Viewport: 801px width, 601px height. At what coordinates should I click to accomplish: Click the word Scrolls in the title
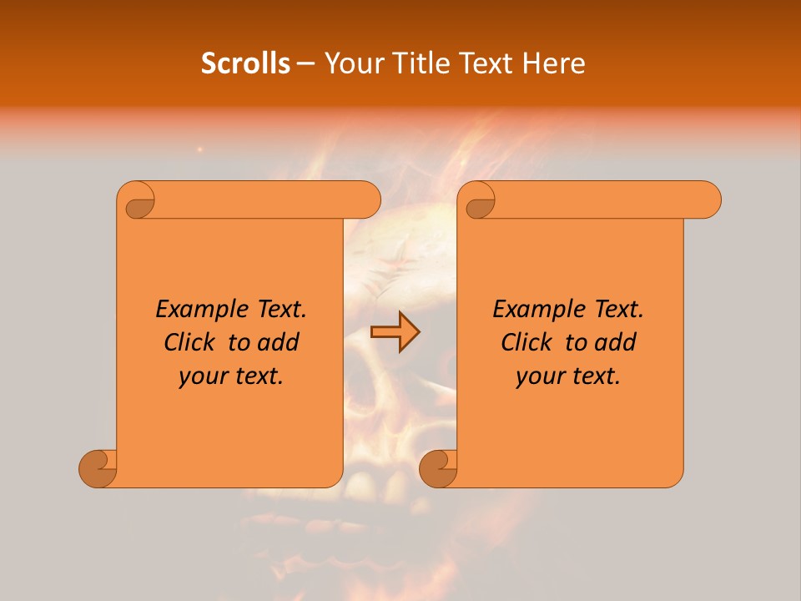[x=245, y=63]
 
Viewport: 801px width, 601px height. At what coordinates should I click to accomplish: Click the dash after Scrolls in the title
[x=305, y=63]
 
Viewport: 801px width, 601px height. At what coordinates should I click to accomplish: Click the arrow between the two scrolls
[x=395, y=332]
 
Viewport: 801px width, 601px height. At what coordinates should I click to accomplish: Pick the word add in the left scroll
[x=279, y=342]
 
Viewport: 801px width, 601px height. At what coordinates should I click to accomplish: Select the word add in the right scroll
[x=616, y=342]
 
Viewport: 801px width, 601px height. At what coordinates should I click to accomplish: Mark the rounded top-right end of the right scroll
[x=708, y=199]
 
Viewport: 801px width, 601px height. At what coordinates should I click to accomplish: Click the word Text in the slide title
[x=481, y=63]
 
